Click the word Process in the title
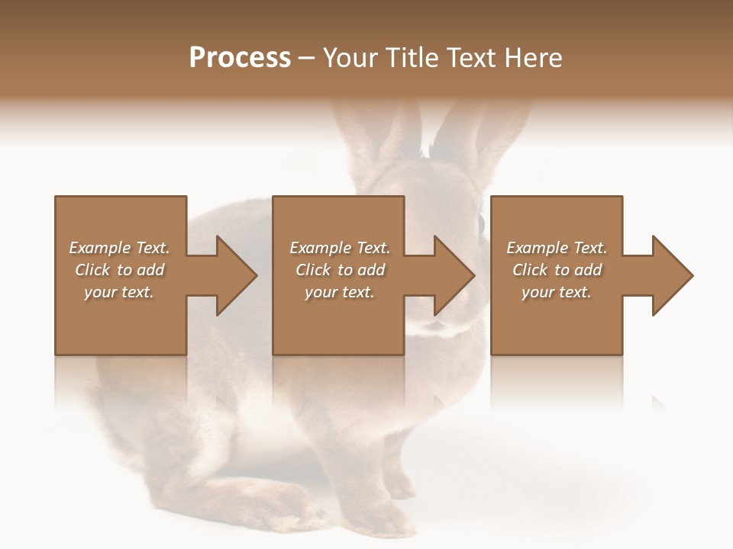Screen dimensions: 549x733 [240, 58]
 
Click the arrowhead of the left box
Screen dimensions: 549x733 [234, 275]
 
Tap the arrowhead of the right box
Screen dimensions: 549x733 [670, 275]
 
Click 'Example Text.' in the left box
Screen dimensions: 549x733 [119, 248]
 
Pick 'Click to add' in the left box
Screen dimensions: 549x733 [119, 270]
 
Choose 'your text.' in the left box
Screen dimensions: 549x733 [119, 292]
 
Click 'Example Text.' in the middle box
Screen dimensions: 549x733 [340, 248]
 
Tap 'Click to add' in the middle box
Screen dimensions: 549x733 [340, 270]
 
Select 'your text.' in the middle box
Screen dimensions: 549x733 [340, 292]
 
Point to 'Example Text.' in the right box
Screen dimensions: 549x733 [557, 248]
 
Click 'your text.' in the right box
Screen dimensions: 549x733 [557, 292]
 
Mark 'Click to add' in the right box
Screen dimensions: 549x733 [557, 270]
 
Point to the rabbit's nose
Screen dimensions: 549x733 [435, 324]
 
